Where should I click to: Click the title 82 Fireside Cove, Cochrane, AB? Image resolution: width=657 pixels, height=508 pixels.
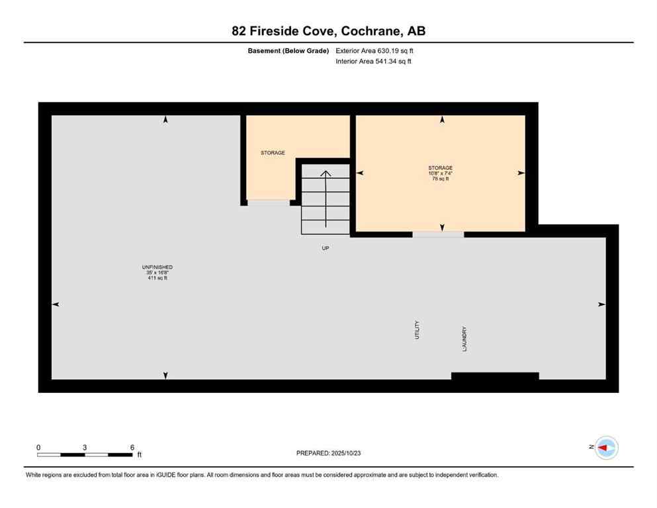pos(328,31)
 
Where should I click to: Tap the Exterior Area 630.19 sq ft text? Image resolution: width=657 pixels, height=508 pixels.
pos(376,50)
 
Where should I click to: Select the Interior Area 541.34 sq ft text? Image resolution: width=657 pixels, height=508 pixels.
pos(374,62)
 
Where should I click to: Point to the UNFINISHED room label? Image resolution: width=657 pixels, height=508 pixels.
pos(160,267)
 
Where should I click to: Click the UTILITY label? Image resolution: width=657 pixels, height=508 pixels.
pos(417,330)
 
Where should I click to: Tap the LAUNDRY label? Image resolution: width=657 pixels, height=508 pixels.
pos(465,338)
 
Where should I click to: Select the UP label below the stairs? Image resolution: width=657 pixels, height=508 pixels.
pos(326,248)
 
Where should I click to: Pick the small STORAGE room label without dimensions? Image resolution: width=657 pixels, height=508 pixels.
pos(273,153)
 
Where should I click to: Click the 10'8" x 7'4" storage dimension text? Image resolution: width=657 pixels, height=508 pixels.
pos(440,173)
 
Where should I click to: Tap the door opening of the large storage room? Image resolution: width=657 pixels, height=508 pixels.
pos(438,234)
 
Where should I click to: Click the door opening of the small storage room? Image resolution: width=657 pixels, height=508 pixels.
pos(268,202)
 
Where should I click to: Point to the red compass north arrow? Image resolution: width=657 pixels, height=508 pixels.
pos(605,448)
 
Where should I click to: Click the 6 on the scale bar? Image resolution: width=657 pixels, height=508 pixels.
pos(132,447)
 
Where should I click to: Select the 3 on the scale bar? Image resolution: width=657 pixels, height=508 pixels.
pos(85,447)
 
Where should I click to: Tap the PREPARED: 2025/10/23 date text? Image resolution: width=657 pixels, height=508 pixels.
pos(328,453)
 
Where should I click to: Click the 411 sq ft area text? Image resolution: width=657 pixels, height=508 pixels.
pos(160,278)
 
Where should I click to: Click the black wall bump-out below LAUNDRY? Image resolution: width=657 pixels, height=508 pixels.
pos(495,376)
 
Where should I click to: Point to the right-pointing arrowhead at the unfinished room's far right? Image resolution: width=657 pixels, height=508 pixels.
pos(601,304)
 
